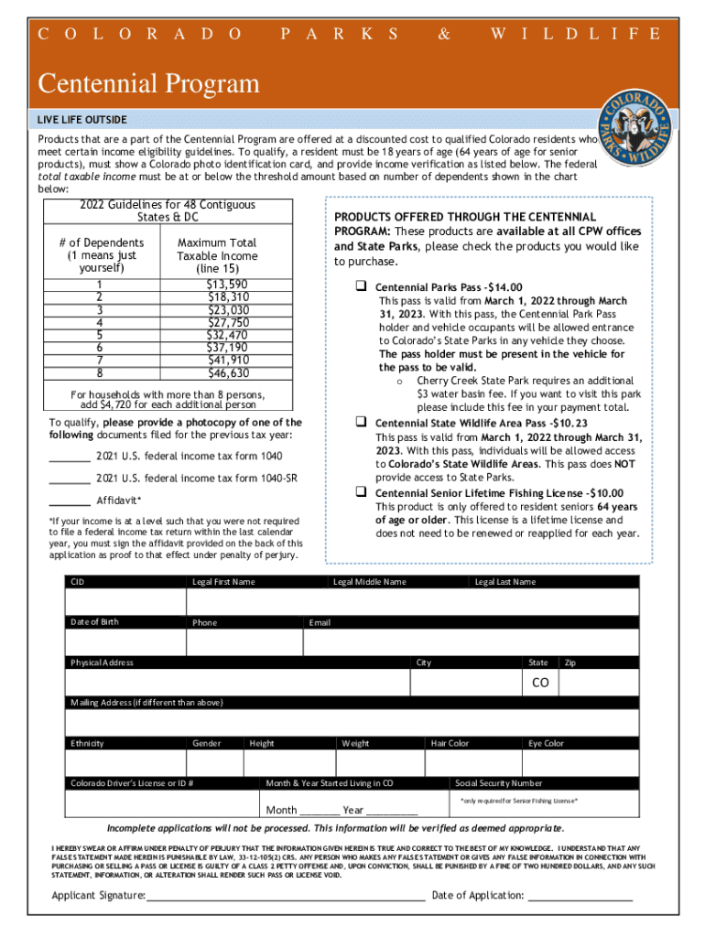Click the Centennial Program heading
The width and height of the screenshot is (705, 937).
(x=148, y=85)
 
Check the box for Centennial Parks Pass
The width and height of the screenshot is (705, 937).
(x=361, y=286)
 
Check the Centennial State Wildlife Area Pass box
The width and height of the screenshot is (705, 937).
(x=361, y=423)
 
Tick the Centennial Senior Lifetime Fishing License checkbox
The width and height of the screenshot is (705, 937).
(x=361, y=492)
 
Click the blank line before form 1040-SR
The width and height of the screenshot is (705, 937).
(x=70, y=478)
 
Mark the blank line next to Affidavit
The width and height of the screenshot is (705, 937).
(x=70, y=501)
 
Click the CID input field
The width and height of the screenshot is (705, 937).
(x=125, y=602)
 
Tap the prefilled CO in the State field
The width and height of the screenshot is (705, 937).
(x=540, y=684)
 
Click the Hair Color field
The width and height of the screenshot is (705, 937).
(x=473, y=763)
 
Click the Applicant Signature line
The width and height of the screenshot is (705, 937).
(x=285, y=894)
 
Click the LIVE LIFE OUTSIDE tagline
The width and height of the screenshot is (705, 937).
(x=82, y=120)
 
